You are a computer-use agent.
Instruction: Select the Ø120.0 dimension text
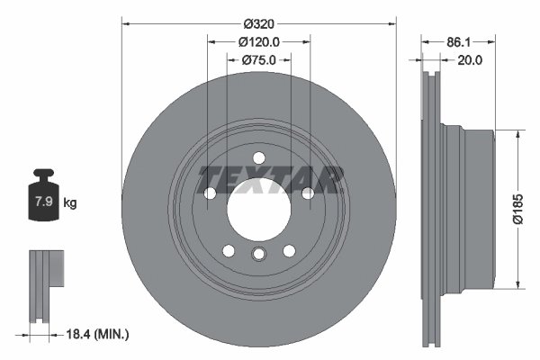pyautogui.click(x=260, y=41)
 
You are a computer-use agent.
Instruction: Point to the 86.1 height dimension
pyautogui.click(x=459, y=41)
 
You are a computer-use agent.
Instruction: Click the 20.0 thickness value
pyautogui.click(x=471, y=60)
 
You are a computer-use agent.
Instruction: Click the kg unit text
pyautogui.click(x=70, y=203)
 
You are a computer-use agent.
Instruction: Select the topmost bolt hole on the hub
pyautogui.click(x=258, y=158)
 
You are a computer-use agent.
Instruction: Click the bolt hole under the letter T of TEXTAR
pyautogui.click(x=211, y=193)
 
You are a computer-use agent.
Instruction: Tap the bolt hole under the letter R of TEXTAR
pyautogui.click(x=307, y=193)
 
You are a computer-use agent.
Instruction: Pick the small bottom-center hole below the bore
pyautogui.click(x=258, y=255)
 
